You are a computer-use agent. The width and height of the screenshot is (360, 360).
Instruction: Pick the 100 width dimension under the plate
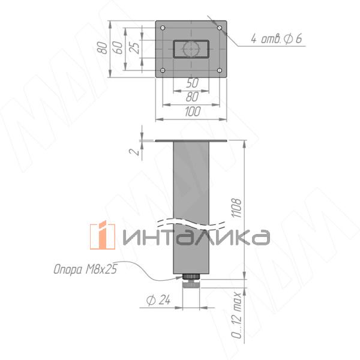[192, 112]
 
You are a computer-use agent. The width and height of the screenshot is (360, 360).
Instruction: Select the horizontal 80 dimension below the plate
[192, 97]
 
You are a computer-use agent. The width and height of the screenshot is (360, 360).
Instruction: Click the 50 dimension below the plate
[192, 83]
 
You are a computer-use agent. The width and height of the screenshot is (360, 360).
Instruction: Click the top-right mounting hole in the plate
[221, 28]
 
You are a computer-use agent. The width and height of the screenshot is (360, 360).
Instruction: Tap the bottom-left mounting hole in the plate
[163, 71]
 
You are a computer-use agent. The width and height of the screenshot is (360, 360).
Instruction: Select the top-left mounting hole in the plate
[163, 28]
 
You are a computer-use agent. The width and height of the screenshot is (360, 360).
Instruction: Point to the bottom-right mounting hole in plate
[221, 71]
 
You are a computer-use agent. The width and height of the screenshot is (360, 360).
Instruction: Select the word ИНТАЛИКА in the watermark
[195, 236]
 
